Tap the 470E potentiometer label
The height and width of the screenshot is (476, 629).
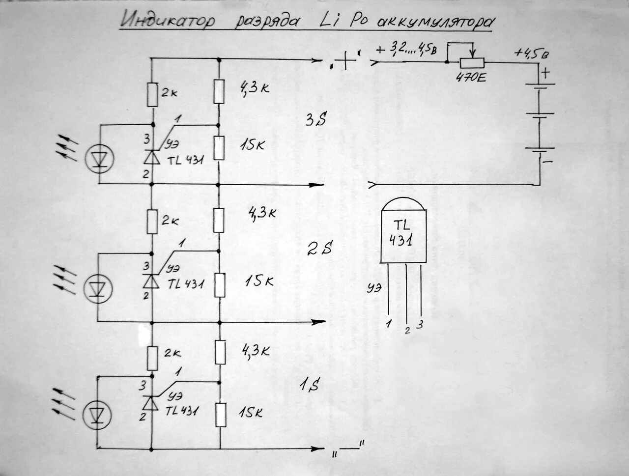pos(470,77)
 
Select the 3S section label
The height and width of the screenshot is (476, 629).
pos(315,119)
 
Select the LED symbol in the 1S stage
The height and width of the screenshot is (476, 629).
pos(98,414)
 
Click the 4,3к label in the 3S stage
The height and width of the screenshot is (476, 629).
pos(254,88)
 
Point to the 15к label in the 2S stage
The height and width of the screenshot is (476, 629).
pos(259,281)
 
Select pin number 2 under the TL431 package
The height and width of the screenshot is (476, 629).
pos(407,330)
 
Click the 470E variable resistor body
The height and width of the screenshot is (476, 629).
pos(471,62)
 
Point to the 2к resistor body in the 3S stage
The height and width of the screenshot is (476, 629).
pos(152,94)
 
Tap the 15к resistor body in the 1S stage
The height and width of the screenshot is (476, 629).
pos(220,414)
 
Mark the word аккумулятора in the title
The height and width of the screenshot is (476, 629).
pos(434,22)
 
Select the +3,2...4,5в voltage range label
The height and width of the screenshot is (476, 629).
pos(406,49)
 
